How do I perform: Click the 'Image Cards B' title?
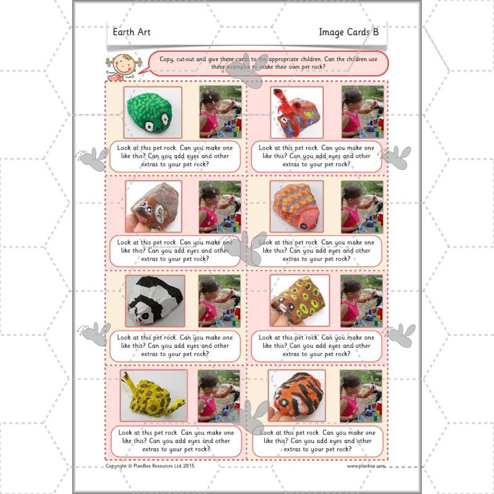[348, 32]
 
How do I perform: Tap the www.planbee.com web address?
[366, 466]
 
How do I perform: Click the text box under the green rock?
[175, 157]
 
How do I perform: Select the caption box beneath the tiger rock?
[316, 442]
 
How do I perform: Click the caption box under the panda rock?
[175, 346]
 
